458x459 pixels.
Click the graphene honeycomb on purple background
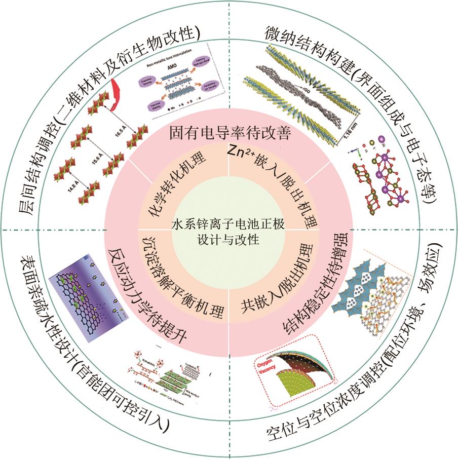pyautogui.click(x=81, y=299)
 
